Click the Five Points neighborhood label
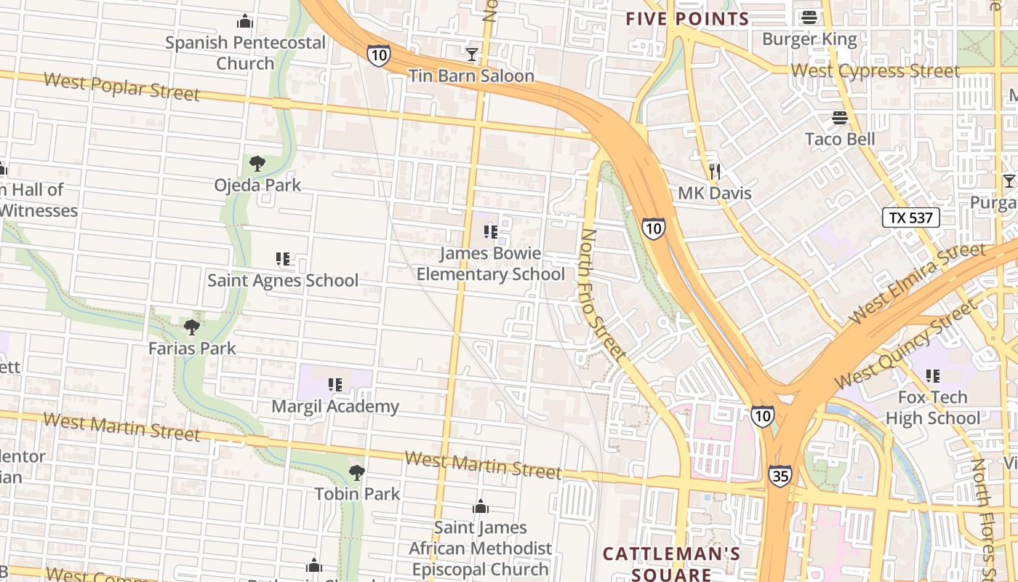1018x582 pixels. coord(688,19)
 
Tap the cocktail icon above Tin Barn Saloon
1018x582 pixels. coord(472,54)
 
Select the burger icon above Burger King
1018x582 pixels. coord(809,17)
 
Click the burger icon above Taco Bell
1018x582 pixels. coord(840,117)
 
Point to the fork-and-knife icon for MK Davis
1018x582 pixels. coord(715,172)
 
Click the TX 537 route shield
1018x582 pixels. coord(911,218)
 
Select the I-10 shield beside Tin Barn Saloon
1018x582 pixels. coord(378,55)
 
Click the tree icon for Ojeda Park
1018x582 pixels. coord(257,164)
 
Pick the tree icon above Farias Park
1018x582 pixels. coord(192,327)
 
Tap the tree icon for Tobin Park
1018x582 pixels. coord(356,473)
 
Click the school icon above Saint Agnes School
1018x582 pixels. coord(283,259)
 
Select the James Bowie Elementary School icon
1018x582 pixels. coord(491,232)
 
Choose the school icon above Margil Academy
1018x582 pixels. coord(335,385)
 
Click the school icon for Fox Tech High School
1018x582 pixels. coord(932,376)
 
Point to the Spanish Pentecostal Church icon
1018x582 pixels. coord(245,21)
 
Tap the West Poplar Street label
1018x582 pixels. coord(121,86)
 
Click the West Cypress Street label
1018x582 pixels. coord(875,71)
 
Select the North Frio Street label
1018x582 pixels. coord(603,295)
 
